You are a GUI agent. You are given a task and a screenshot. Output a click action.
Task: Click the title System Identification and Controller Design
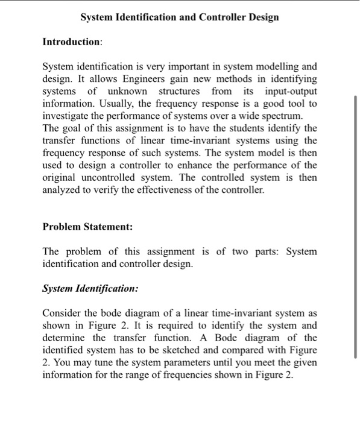[180, 17]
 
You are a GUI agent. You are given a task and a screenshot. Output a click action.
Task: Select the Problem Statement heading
[87, 227]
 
